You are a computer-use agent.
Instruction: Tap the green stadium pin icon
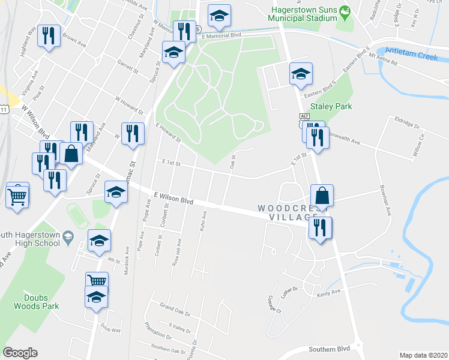point(345,11)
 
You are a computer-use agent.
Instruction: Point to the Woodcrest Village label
point(287,212)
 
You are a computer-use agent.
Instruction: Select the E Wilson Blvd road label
point(173,199)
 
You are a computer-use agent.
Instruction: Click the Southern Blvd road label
point(329,349)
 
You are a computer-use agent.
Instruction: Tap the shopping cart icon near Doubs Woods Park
point(96,281)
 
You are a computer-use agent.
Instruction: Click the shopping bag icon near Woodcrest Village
point(322,194)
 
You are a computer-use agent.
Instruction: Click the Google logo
point(20,353)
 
